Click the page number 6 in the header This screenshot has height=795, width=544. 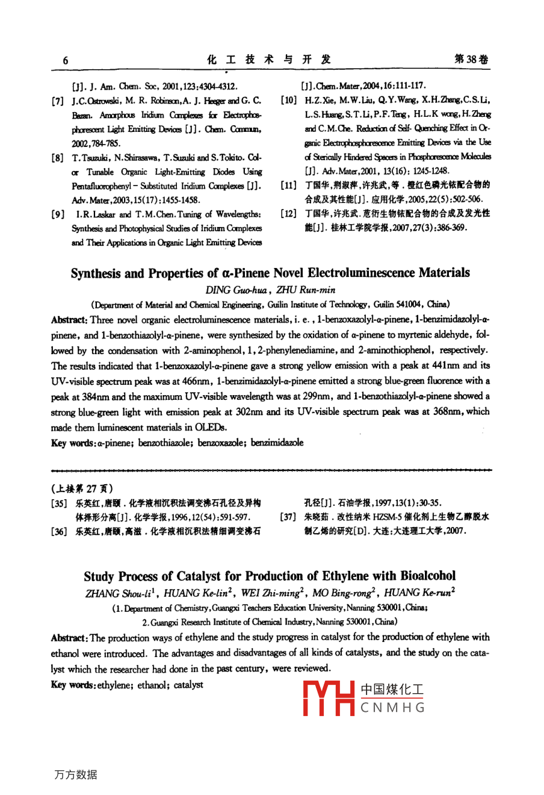pyautogui.click(x=66, y=60)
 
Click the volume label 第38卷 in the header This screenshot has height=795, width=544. pyautogui.click(x=471, y=59)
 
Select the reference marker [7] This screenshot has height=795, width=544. pyautogui.click(x=58, y=101)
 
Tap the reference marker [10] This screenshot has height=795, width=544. pyautogui.click(x=289, y=100)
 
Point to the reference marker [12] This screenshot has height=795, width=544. pyautogui.click(x=289, y=214)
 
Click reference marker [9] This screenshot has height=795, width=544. pyautogui.click(x=58, y=214)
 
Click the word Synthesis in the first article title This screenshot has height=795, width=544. pyautogui.click(x=95, y=273)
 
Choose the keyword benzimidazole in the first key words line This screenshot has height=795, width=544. pyautogui.click(x=277, y=443)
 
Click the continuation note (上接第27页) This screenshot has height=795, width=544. pyautogui.click(x=82, y=488)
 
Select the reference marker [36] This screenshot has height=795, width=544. pyautogui.click(x=58, y=532)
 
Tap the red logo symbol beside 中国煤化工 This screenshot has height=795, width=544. pyautogui.click(x=328, y=698)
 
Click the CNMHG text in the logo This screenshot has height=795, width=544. pyautogui.click(x=392, y=708)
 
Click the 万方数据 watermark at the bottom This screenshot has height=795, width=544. pyautogui.click(x=76, y=775)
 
